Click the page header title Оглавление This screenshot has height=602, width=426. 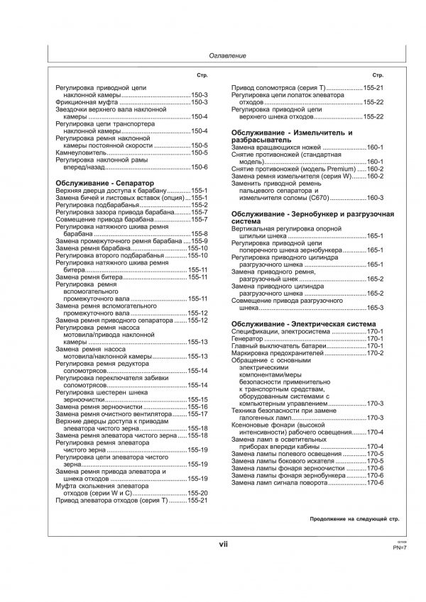228,55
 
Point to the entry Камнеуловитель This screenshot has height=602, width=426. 82,152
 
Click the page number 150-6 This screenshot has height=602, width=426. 199,167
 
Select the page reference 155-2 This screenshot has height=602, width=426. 199,205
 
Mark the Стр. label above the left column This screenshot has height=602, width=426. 202,74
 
